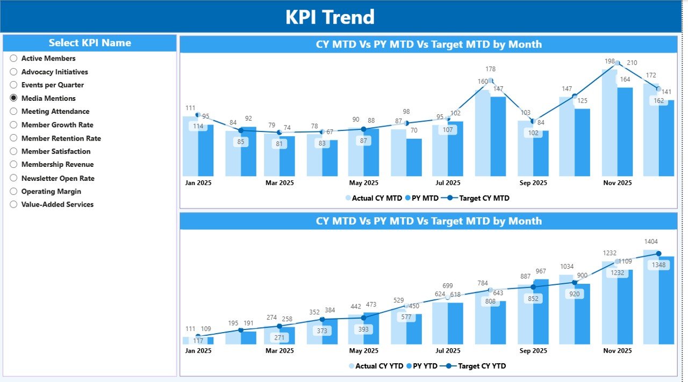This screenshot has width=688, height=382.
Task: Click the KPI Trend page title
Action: [x=329, y=17]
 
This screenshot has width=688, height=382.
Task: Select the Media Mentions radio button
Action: [x=13, y=98]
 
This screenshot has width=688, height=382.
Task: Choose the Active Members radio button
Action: [x=13, y=58]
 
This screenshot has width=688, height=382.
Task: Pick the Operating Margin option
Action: [x=13, y=192]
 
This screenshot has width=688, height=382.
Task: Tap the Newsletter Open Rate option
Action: [x=13, y=178]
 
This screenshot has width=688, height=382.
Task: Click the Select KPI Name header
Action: [x=90, y=43]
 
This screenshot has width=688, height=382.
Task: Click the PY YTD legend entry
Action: [x=423, y=366]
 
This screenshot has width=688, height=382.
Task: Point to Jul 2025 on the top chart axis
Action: [x=448, y=183]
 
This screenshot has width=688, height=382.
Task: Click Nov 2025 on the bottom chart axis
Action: [x=618, y=351]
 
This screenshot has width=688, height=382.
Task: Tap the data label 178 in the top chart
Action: [x=490, y=69]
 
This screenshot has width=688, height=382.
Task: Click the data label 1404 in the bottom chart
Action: [x=651, y=242]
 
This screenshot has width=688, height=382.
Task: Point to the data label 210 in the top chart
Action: [x=632, y=63]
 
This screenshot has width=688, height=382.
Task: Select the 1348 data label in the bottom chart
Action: [x=658, y=265]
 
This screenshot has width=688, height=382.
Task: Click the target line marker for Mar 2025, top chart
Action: [x=279, y=132]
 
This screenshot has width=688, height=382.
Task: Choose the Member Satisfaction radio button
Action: [x=13, y=151]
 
